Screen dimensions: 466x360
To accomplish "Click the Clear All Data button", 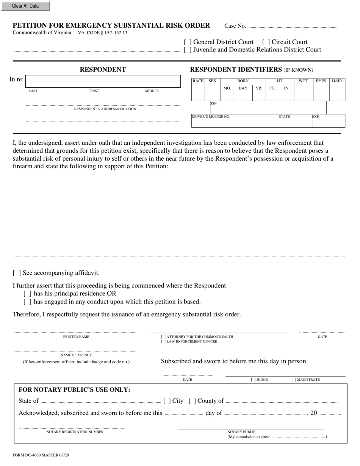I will coord(25,6).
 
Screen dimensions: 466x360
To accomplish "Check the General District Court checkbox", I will coord(188,42).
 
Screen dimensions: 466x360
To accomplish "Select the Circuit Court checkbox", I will coord(266,42).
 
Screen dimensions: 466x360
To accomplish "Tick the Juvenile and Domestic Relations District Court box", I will coord(188,50).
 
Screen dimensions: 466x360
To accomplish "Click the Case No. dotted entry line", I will coord(292,27).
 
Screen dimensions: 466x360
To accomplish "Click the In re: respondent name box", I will coord(103,81).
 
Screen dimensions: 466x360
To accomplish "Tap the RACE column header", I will coord(198,81).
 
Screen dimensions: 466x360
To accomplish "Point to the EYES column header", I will coord(321,81).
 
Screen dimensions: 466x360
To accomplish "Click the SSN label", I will coord(213,103).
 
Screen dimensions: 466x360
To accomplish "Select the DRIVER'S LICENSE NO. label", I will coord(211,117).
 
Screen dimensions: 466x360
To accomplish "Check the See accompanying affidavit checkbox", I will coord(17,273).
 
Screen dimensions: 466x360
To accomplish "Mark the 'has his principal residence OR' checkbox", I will coord(27,294).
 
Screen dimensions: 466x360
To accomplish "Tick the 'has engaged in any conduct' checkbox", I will coord(27,302).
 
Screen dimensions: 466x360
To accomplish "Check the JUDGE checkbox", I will coord(253,380).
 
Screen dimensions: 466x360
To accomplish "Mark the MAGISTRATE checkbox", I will coord(294,380).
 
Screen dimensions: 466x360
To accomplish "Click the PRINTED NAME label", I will coord(76,337).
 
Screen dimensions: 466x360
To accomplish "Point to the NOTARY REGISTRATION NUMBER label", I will coord(75,432).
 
